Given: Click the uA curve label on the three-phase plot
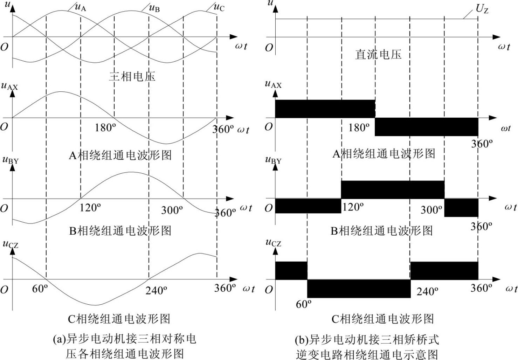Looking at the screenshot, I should click(x=81, y=7).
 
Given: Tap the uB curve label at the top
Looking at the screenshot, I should click(x=154, y=8).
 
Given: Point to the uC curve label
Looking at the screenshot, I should click(x=219, y=7).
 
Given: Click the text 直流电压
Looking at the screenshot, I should click(x=378, y=55).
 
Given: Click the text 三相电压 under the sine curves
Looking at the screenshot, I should click(x=132, y=76).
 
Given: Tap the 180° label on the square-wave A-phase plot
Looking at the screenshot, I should click(x=359, y=127).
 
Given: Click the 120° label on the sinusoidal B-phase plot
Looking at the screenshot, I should click(x=90, y=208).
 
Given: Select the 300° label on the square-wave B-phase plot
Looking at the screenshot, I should click(x=431, y=210).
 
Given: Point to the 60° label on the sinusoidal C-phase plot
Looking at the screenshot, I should click(x=40, y=289).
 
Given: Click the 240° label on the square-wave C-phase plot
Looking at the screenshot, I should click(x=427, y=291).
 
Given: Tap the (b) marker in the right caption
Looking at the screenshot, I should click(x=302, y=340).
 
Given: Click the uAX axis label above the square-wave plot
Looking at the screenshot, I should click(x=273, y=84).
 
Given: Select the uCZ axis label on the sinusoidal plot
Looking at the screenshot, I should click(x=10, y=244).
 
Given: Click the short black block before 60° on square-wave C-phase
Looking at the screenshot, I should click(x=291, y=270).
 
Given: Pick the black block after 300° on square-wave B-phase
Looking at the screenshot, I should click(x=461, y=208).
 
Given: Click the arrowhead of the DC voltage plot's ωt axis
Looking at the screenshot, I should click(x=497, y=37).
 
